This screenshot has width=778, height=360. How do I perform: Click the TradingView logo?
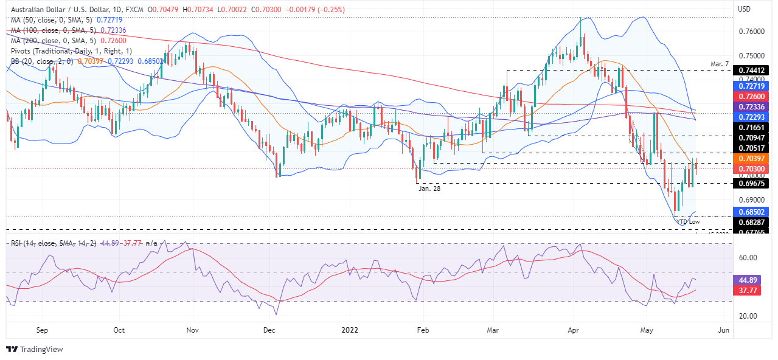[35, 349]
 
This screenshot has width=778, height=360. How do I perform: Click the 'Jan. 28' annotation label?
[429, 189]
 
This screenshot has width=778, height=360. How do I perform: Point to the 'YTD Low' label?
[689, 222]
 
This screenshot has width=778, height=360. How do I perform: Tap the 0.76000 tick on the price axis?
[752, 32]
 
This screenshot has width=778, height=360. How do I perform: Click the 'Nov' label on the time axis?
[193, 330]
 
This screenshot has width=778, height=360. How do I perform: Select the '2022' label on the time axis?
[350, 330]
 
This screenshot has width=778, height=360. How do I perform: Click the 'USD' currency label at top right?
[745, 9]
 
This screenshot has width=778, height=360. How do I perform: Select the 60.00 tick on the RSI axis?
[748, 258]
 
